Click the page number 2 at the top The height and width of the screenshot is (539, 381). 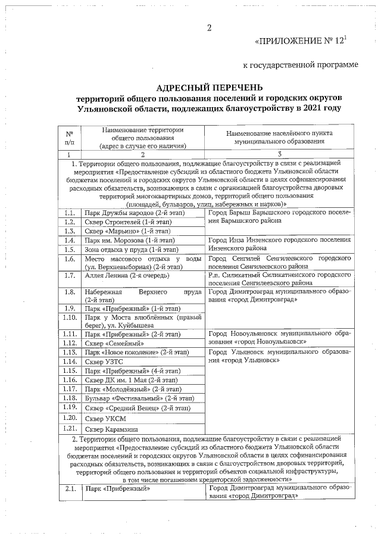[x=209, y=29]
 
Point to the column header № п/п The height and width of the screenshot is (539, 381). [x=70, y=138]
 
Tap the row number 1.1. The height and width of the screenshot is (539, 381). [x=70, y=213]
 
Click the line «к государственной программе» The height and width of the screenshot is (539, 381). [x=301, y=64]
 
